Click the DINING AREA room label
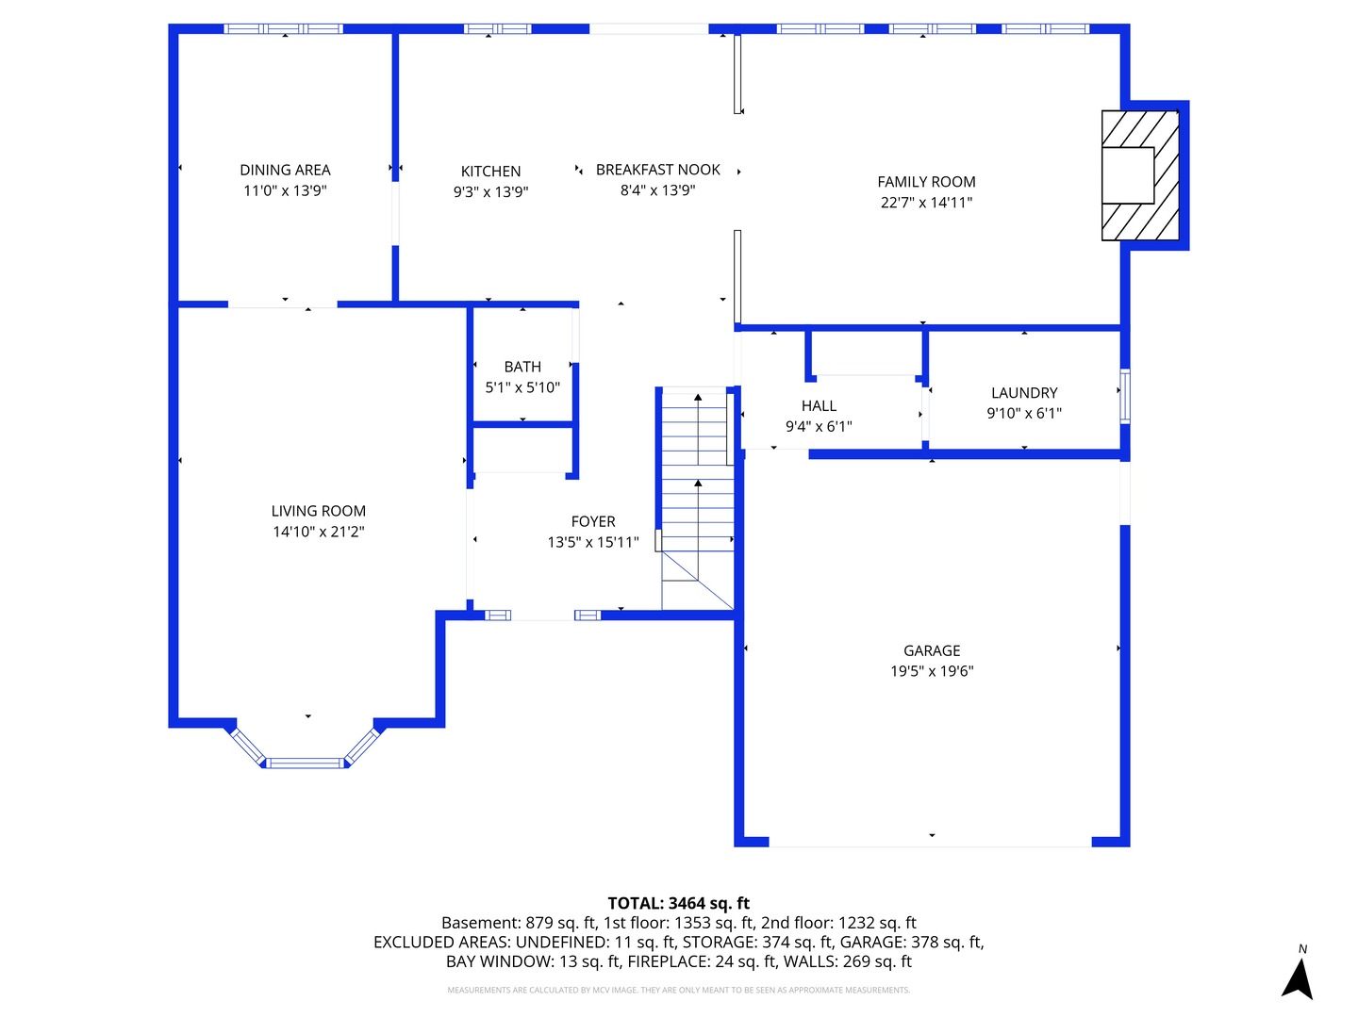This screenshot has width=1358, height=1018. point(285,170)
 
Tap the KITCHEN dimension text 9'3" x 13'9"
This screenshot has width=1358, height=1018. point(490,192)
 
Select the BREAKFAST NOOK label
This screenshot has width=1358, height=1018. point(657,170)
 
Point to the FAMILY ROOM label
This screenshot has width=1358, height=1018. point(926,182)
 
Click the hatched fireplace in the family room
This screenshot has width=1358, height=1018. point(1140,175)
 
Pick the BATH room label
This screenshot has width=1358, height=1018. point(522,367)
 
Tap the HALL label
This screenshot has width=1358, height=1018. point(819,405)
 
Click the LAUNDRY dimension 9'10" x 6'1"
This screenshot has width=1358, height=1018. point(1024,414)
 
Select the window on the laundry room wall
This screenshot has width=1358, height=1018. point(1124,396)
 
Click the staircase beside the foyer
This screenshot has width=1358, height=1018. point(697,500)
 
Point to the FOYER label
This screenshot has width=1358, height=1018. point(593,521)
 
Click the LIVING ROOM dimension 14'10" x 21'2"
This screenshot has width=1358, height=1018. point(319,532)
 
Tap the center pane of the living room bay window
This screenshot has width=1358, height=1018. point(306,763)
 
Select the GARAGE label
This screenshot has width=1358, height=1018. point(932,650)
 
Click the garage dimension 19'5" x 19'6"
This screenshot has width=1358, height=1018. point(932,671)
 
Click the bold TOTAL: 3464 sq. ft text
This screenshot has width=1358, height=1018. point(678,903)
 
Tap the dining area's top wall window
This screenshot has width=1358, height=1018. point(283,29)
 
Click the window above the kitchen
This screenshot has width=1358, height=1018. point(498,29)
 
